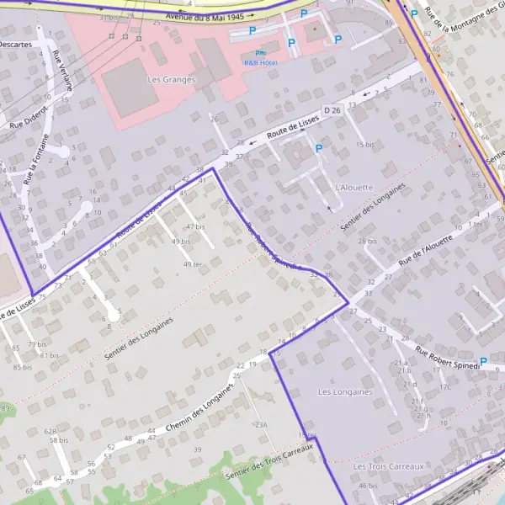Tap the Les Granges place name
click(x=171, y=80)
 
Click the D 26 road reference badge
click(x=332, y=110)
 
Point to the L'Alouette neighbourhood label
click(x=353, y=187)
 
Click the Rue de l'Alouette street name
click(x=425, y=251)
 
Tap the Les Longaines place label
click(x=345, y=392)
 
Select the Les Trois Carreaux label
click(x=389, y=465)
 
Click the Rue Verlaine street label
click(x=62, y=71)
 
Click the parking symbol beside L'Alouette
click(x=318, y=149)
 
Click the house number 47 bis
click(x=194, y=226)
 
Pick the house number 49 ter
click(x=193, y=264)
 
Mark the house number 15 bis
click(x=364, y=145)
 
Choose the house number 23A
click(x=262, y=425)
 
